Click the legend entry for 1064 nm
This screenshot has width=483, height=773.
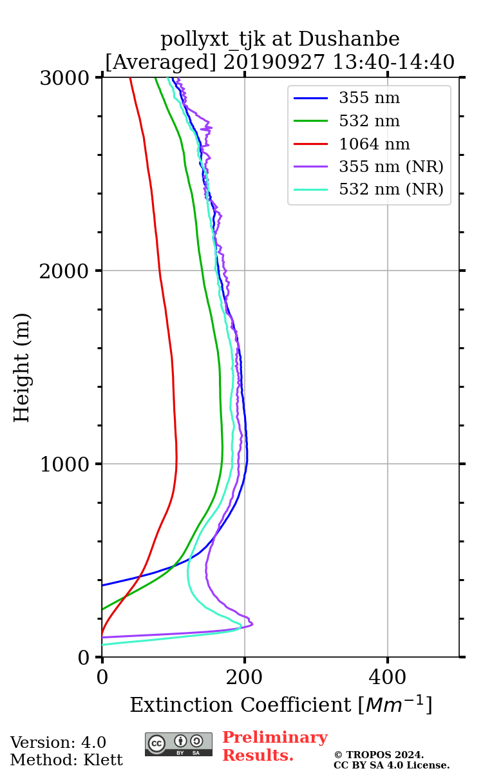click(x=374, y=144)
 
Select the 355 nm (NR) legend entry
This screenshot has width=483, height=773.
click(x=391, y=167)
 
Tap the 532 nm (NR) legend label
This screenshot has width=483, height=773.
click(x=391, y=190)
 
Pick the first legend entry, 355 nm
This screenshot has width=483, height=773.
click(x=369, y=99)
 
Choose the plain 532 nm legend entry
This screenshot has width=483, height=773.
click(x=369, y=121)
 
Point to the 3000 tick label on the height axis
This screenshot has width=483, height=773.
click(x=67, y=79)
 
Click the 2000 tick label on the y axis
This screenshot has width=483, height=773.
click(x=67, y=271)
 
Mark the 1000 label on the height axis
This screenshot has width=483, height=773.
click(x=67, y=464)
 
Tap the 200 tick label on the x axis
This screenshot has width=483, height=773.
click(x=245, y=678)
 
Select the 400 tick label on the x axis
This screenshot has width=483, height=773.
click(x=388, y=678)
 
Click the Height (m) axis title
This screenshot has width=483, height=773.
click(x=23, y=367)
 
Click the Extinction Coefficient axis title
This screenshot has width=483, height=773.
click(x=281, y=705)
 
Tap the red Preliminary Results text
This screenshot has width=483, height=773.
click(x=274, y=747)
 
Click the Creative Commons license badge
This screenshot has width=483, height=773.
click(x=178, y=744)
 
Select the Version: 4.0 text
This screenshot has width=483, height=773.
click(x=58, y=743)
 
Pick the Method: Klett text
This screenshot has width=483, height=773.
click(x=66, y=760)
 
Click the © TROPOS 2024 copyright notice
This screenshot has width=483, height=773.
click(x=379, y=754)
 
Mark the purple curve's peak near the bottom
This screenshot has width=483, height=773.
click(x=252, y=624)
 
